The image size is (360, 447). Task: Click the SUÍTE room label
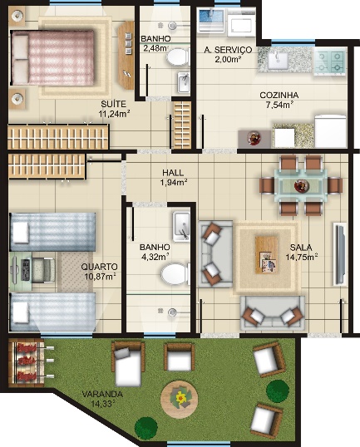coord(114,104)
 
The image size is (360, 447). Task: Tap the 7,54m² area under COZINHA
coord(280,105)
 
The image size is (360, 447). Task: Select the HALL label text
coord(173,173)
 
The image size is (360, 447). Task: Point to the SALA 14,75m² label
coord(302,253)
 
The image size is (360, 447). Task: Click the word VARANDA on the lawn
coord(102,395)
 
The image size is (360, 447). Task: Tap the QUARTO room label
coord(99,267)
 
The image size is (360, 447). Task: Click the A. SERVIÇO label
coord(228,50)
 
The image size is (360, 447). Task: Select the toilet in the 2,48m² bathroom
coord(178,57)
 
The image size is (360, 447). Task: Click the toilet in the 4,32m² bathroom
coord(175,274)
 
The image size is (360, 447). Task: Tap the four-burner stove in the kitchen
coord(330,61)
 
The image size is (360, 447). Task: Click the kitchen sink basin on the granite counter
coord(278,61)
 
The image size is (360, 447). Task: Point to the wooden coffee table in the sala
coord(267,255)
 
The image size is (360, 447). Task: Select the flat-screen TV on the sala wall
coord(340,253)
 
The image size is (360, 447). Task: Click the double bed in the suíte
coord(52,57)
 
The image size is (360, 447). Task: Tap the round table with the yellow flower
coord(179,399)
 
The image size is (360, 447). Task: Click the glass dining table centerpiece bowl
coord(302,186)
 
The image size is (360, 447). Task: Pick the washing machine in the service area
coord(242,22)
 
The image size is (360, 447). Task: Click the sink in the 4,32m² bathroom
coord(181,227)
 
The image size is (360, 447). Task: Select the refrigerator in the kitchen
coord(331,131)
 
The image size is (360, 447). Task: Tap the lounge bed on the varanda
coord(128,363)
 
